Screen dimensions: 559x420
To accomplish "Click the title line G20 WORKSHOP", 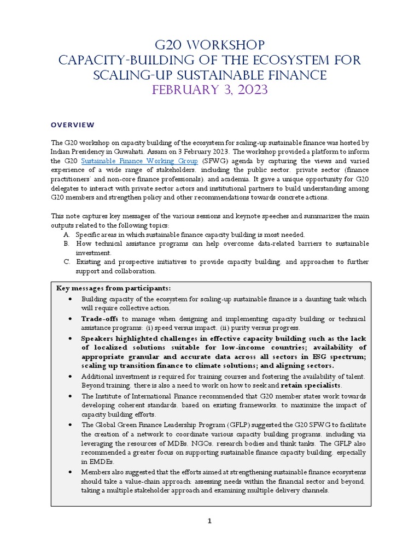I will coord(211,45).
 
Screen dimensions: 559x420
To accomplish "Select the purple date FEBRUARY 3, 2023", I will coord(211,90).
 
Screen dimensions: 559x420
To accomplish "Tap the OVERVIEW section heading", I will coord(73,125).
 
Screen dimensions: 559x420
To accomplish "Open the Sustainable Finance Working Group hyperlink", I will coord(140,161).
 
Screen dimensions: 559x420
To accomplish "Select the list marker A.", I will coord(66,234).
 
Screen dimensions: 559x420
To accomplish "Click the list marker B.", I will coord(66,243).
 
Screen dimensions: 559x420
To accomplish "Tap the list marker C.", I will coord(66,262).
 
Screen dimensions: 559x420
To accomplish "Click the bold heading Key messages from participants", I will coord(114,288).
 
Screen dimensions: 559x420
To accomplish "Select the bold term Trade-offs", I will coord(100,318).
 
